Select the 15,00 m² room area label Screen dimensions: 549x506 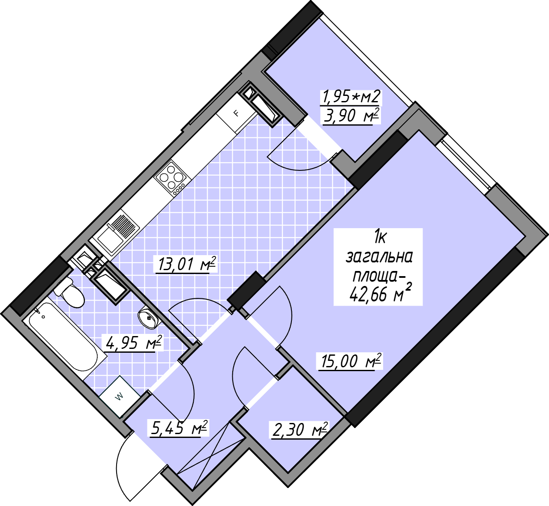point(351,361)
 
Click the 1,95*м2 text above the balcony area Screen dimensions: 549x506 point(351,97)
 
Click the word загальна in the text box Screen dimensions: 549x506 point(379,257)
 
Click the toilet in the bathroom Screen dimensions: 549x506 point(69,293)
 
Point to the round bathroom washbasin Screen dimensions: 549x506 point(149,318)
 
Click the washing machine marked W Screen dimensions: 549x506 point(120,397)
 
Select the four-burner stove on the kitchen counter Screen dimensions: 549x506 point(171,179)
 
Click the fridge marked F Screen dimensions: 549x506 point(236,113)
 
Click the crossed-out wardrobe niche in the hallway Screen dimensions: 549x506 point(210,456)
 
